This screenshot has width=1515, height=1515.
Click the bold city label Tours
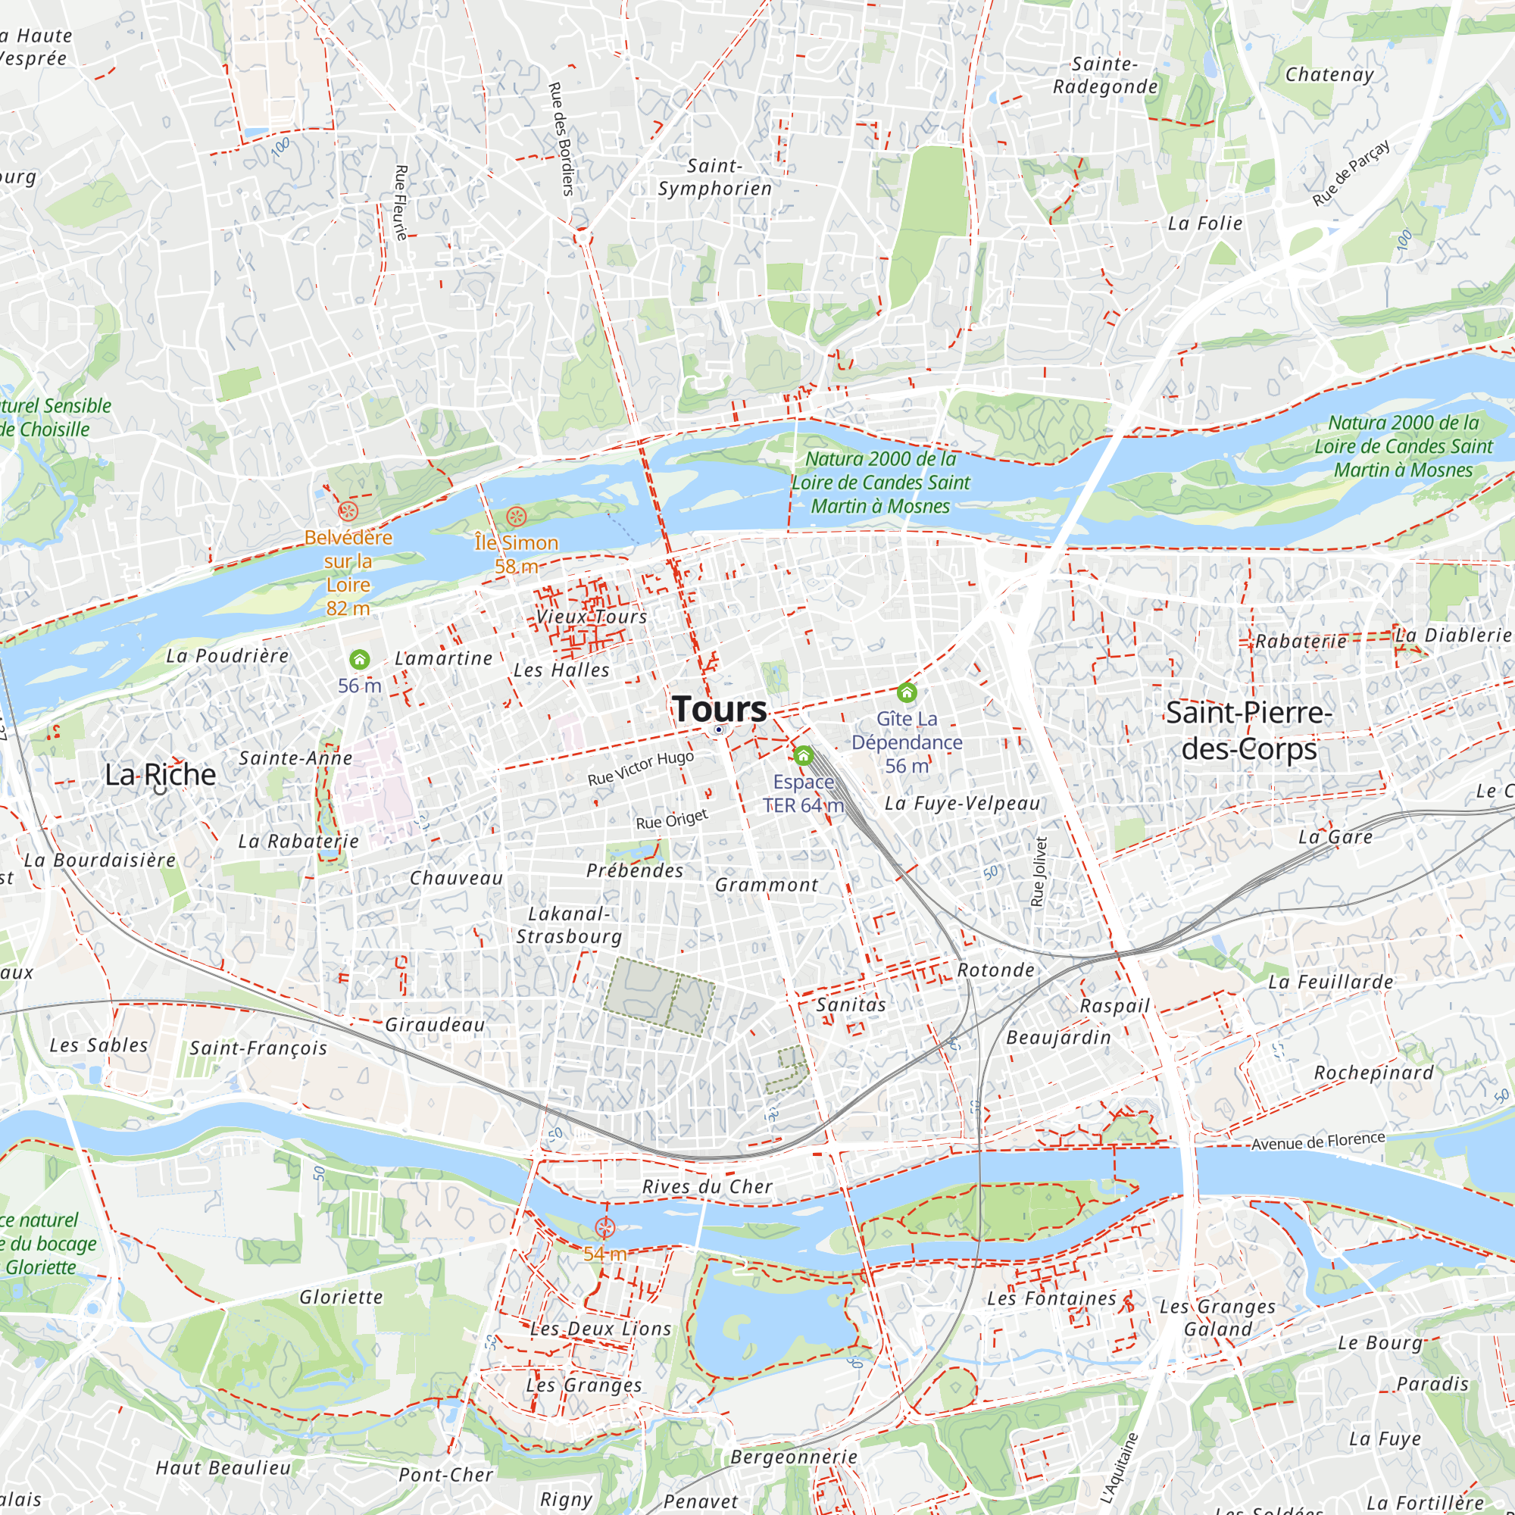point(719,709)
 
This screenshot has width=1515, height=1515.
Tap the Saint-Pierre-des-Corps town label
point(1248,731)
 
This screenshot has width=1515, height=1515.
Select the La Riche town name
point(161,775)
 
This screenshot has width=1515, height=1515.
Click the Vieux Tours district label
point(592,617)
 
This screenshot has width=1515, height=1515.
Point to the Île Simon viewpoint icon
point(515,516)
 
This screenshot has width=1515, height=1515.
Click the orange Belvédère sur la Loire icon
point(348,512)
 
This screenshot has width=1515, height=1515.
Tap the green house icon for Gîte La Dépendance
point(907,692)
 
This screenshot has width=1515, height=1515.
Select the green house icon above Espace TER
point(802,756)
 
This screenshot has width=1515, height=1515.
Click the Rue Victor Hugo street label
point(641,768)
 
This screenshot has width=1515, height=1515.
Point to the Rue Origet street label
point(671,820)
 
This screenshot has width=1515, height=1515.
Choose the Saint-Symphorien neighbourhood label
point(714,177)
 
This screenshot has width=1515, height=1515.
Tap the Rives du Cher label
point(708,1187)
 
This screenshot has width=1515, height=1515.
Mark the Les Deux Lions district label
point(601,1329)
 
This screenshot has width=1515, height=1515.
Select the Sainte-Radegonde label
point(1105,75)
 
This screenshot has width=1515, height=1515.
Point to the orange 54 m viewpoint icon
point(604,1228)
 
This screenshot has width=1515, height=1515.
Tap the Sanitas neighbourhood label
point(851,1005)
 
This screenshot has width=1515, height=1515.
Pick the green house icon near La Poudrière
point(359,660)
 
